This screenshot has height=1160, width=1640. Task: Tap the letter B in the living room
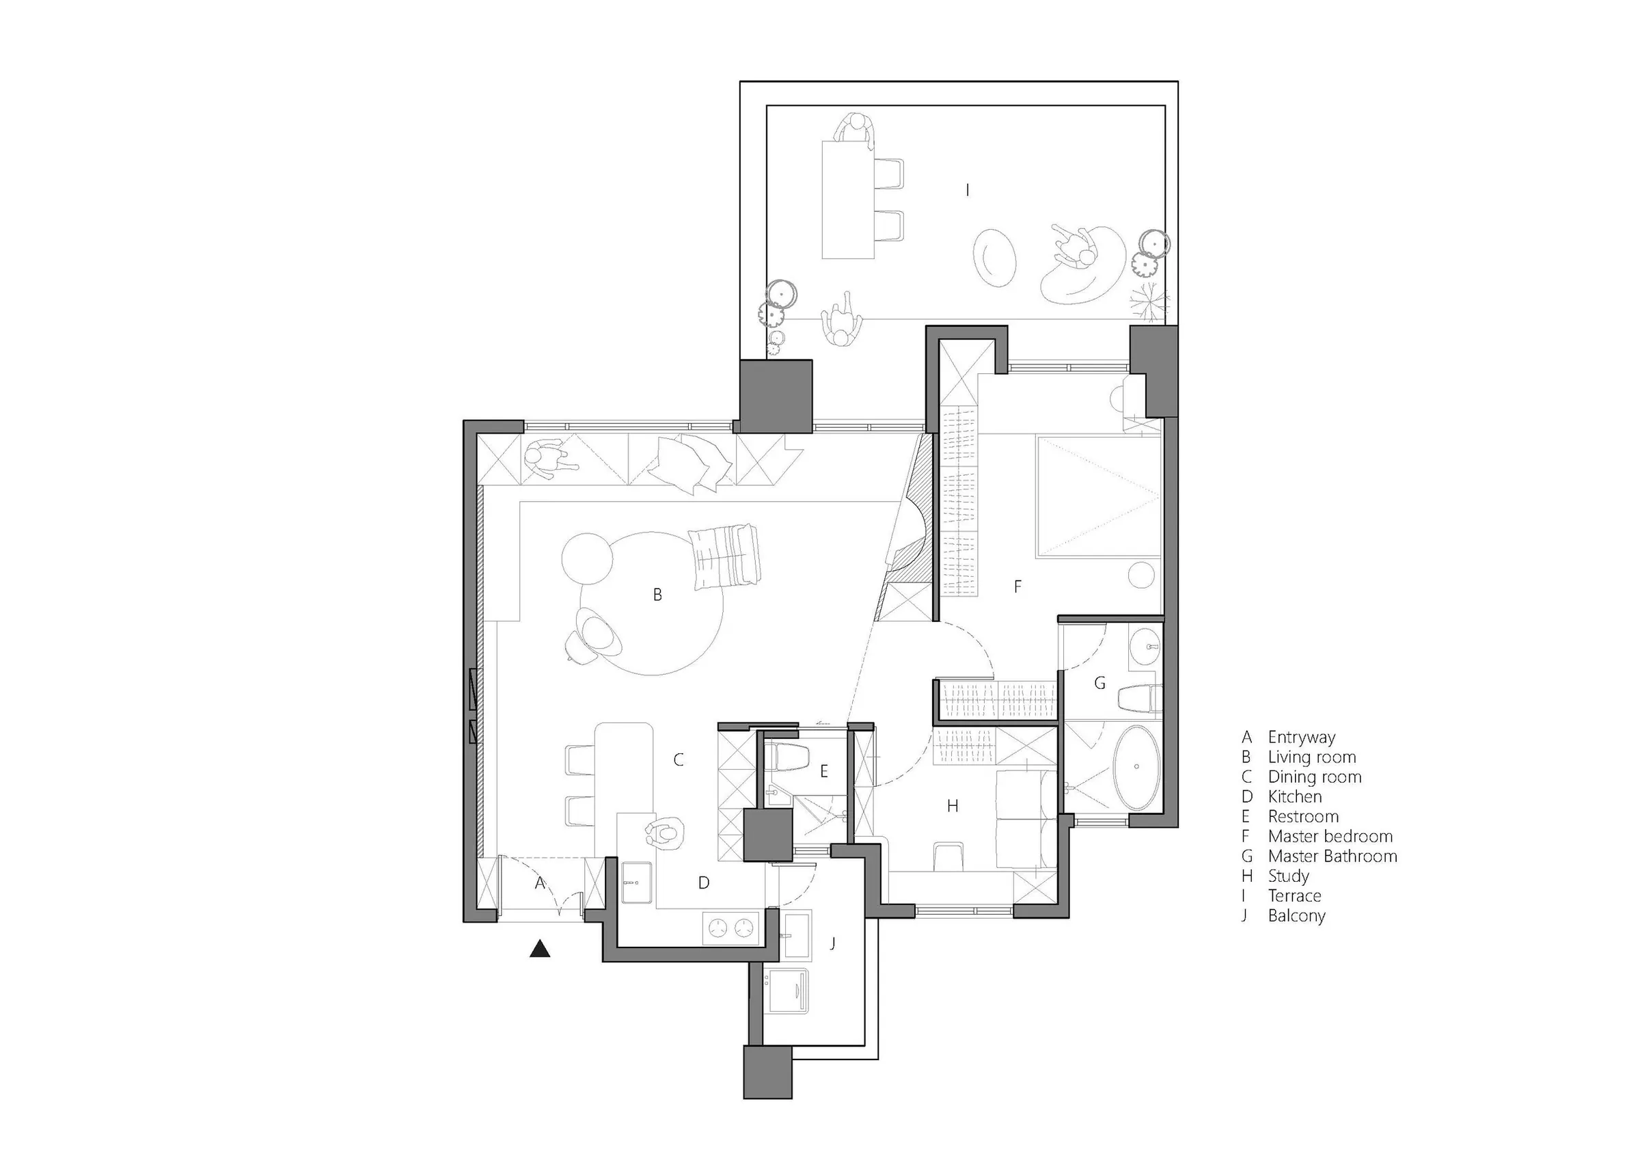tap(657, 594)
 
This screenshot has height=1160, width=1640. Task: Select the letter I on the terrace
tap(967, 189)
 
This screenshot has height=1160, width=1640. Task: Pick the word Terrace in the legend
tap(1294, 895)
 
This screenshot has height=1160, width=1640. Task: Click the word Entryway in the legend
tap(1302, 737)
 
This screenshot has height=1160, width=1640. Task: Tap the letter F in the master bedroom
tap(1018, 586)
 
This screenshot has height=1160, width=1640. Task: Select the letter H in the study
tap(952, 806)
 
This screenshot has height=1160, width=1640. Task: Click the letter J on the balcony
tap(833, 943)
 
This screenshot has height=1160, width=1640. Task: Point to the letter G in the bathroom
tap(1100, 684)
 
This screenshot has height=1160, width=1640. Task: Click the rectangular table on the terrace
tap(848, 200)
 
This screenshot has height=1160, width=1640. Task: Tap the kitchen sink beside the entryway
tap(635, 883)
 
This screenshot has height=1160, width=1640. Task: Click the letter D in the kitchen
tap(704, 882)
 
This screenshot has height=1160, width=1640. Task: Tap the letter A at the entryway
tap(540, 882)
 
